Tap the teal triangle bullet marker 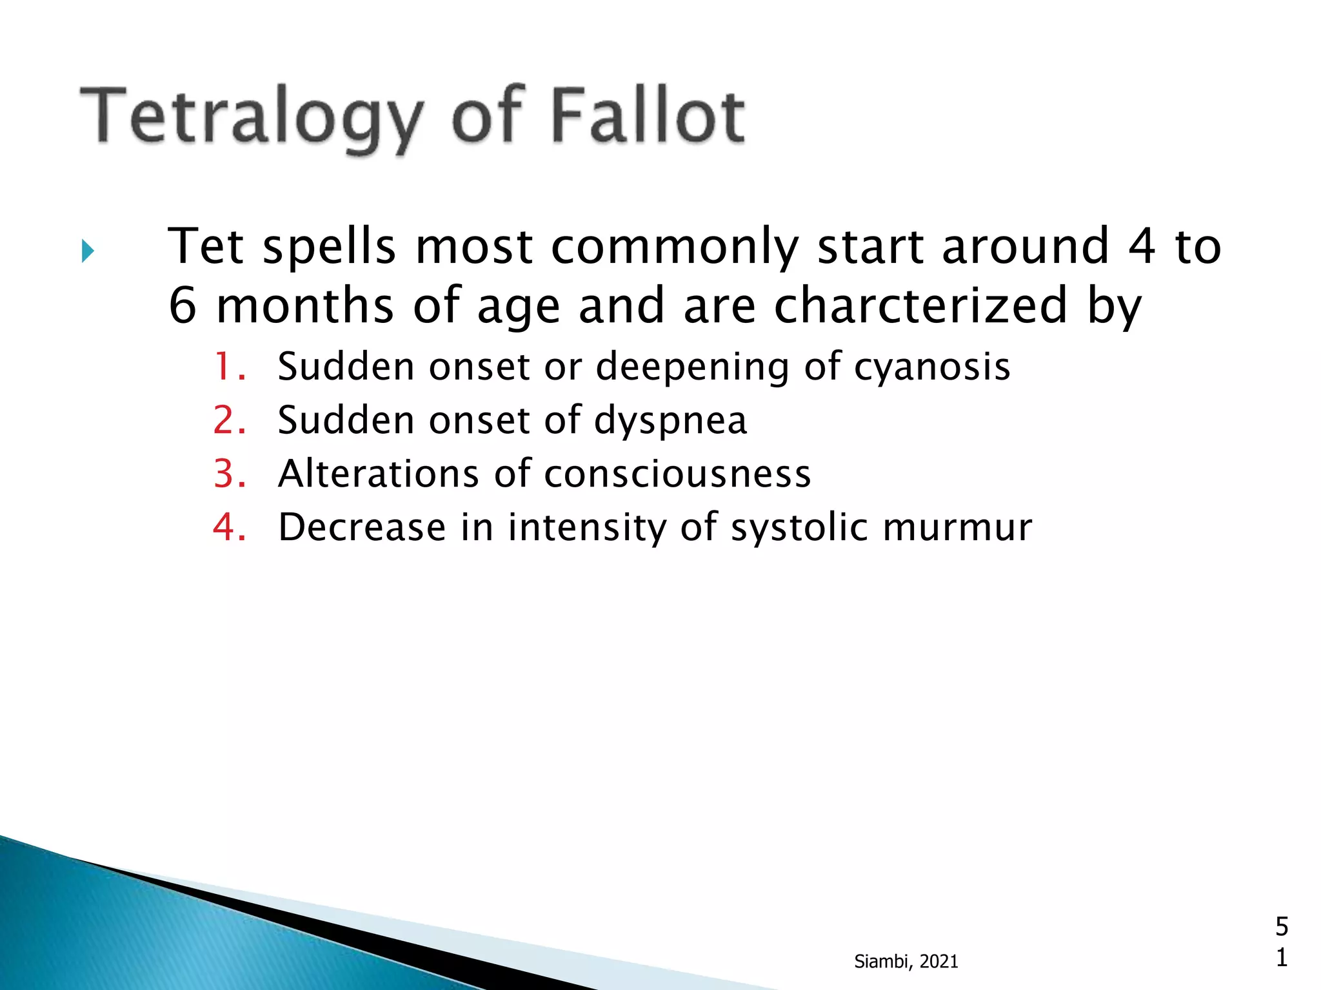88,251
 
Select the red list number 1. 229,367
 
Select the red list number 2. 229,421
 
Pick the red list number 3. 229,474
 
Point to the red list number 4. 229,528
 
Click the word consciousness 677,474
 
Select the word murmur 957,528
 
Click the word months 304,306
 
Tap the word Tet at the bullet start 206,246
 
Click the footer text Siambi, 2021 906,962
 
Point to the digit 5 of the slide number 1282,927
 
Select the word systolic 799,528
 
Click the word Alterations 378,474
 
